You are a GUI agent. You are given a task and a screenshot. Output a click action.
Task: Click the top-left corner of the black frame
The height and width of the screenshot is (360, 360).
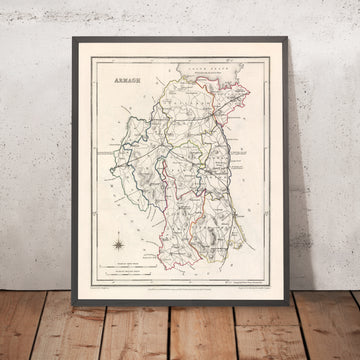pos(73,39)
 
